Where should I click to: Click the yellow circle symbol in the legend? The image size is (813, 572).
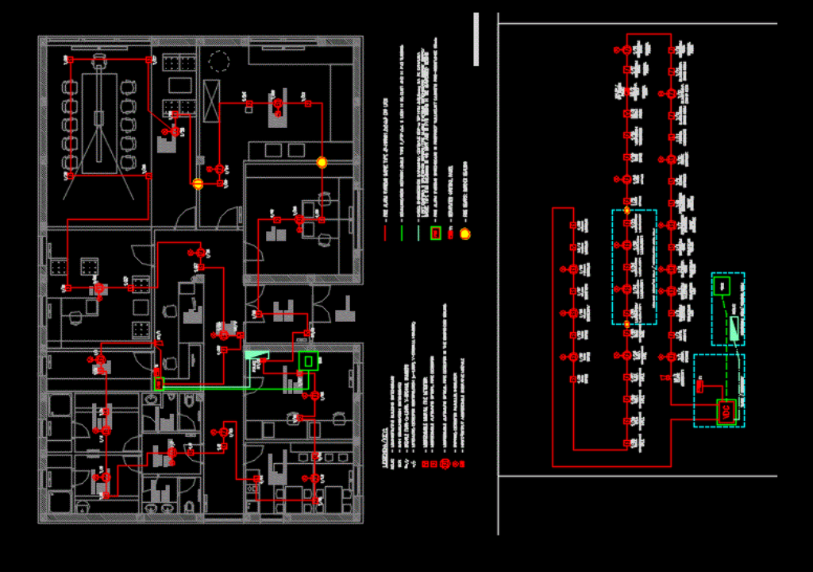(465, 234)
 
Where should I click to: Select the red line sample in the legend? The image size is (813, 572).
(385, 234)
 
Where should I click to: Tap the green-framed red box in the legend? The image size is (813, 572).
(436, 233)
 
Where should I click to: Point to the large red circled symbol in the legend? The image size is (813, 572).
(445, 463)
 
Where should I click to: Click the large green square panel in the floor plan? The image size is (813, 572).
(308, 361)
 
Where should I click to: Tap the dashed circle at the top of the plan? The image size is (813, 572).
(219, 61)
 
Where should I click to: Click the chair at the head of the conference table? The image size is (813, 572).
(99, 60)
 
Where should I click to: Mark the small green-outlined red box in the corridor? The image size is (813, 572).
(159, 384)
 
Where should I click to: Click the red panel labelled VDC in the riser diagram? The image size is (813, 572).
(726, 412)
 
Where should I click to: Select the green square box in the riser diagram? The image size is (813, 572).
(722, 285)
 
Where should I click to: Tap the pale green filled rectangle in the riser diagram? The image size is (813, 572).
(734, 328)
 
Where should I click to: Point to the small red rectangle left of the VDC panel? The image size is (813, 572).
(700, 387)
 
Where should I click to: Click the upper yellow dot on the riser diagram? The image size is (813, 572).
(626, 211)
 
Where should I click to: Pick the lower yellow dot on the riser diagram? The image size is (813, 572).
(626, 324)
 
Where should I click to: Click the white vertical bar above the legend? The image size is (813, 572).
(476, 39)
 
